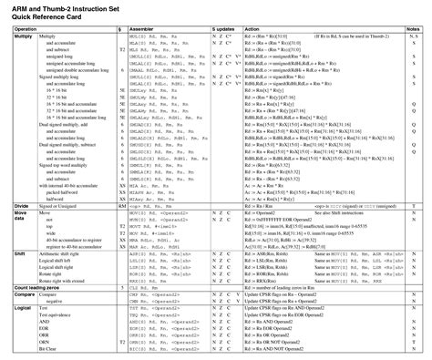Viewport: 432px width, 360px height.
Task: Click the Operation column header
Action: (25, 29)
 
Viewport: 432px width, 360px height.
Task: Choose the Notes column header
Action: (413, 29)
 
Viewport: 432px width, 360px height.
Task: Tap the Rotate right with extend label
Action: (65, 281)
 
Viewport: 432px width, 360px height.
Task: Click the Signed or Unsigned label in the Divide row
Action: (57, 207)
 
